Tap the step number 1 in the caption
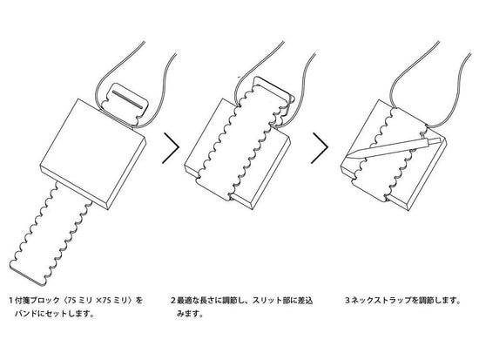(11, 301)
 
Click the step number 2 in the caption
(173, 301)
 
